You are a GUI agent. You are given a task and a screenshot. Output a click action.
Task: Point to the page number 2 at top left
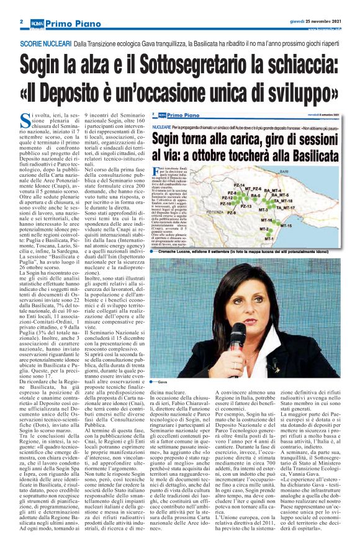(21, 21)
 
